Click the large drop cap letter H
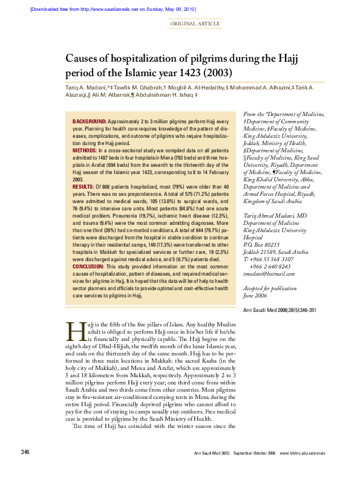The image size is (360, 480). click(75, 332)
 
